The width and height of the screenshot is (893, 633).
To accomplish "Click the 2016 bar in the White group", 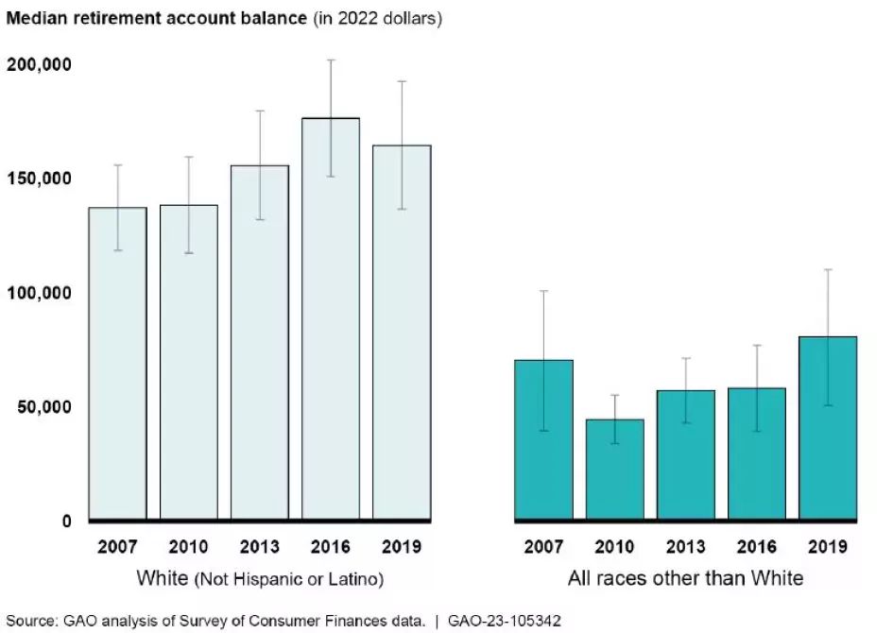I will click(331, 321).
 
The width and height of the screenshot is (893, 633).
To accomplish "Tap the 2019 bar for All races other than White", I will click(828, 430).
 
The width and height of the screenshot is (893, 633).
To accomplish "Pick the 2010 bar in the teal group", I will click(615, 470).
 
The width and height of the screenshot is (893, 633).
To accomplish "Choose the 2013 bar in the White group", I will click(260, 345).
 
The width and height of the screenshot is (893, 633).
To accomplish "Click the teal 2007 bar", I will click(543, 439).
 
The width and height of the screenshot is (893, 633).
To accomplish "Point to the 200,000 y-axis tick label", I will click(40, 64).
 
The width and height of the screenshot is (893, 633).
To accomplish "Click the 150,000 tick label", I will click(40, 179).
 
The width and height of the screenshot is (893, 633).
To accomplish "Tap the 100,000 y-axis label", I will click(40, 293).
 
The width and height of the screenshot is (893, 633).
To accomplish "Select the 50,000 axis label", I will click(44, 407).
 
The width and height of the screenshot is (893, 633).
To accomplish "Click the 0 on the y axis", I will click(66, 521).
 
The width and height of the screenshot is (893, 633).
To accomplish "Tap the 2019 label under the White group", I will click(402, 547).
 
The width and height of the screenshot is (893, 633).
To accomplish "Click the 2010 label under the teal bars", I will click(615, 547).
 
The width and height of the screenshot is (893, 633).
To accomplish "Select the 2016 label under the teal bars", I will click(757, 547).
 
